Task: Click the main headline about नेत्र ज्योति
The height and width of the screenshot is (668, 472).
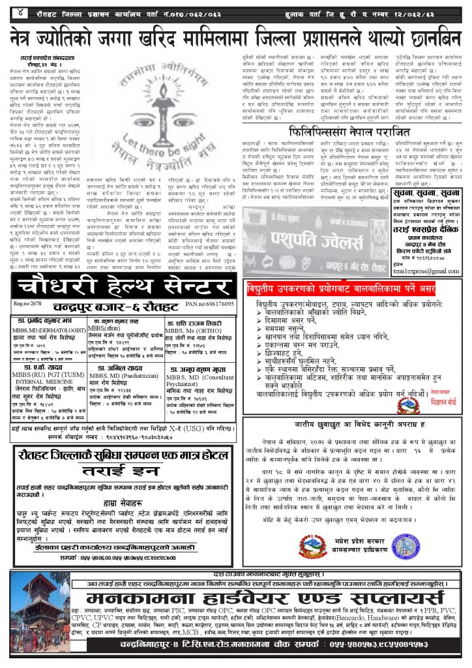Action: (x=236, y=38)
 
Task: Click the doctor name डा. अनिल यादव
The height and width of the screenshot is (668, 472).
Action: (x=118, y=366)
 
